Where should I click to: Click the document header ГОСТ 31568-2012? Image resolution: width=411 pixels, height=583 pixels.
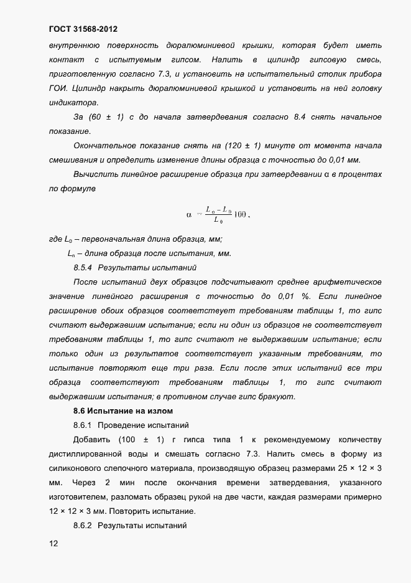82,29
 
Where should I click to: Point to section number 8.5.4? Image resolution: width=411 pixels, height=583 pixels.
82,268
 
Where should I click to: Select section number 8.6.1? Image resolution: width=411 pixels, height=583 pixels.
82,425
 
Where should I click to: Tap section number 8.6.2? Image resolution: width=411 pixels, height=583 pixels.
82,526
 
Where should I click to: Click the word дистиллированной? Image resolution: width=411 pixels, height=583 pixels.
86,454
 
